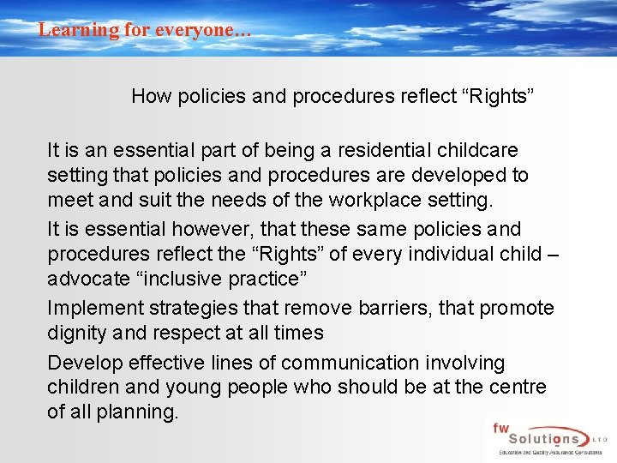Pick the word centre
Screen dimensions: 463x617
(518, 388)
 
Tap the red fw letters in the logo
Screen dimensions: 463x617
(501, 427)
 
